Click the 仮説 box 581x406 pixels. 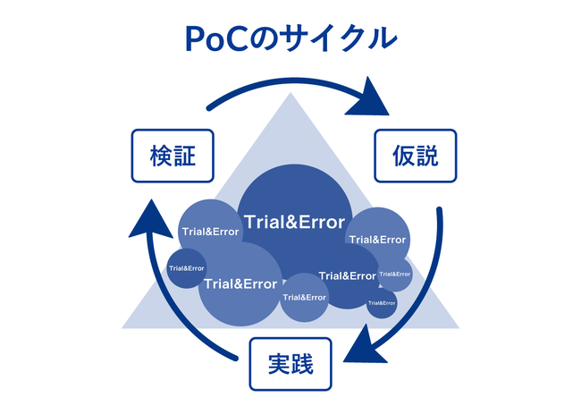[x=415, y=157]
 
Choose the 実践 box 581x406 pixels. [x=290, y=364]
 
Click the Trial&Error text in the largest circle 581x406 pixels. [x=291, y=219]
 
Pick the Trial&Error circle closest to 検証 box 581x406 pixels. [x=210, y=231]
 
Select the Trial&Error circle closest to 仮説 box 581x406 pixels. [x=377, y=239]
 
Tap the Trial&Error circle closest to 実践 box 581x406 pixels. [x=304, y=297]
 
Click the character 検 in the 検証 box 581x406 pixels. [x=161, y=157]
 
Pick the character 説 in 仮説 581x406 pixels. [x=428, y=157]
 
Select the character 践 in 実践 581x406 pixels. [x=304, y=364]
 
